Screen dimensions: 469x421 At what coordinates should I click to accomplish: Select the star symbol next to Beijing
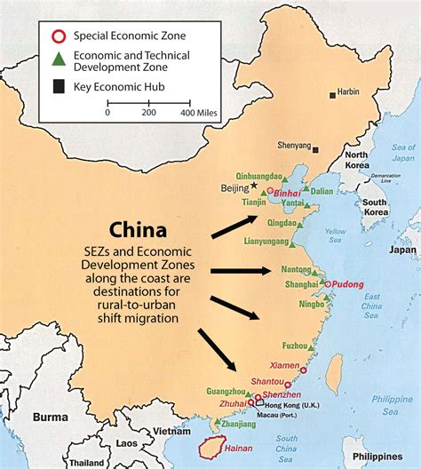(254, 186)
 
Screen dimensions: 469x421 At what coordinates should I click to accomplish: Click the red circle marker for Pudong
(328, 284)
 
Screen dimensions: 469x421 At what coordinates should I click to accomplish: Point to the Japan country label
(402, 250)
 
